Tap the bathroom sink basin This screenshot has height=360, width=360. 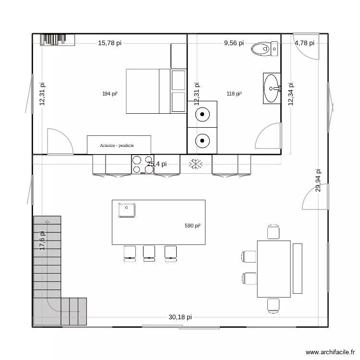pyautogui.click(x=272, y=88)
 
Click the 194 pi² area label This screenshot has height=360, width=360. pyautogui.click(x=110, y=94)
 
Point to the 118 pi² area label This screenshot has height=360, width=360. pyautogui.click(x=234, y=94)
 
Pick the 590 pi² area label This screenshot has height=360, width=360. pyautogui.click(x=192, y=226)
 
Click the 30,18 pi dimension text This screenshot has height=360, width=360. pyautogui.click(x=180, y=317)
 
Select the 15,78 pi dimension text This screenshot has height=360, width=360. pyautogui.click(x=109, y=43)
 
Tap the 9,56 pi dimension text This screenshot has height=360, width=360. pyautogui.click(x=234, y=43)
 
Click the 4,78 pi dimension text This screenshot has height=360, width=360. pyautogui.click(x=304, y=43)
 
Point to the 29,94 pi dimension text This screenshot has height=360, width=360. pyautogui.click(x=318, y=180)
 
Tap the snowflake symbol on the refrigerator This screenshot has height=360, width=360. pyautogui.click(x=196, y=164)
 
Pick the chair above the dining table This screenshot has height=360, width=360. pyautogui.click(x=273, y=232)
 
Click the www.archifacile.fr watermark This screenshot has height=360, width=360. pyautogui.click(x=329, y=352)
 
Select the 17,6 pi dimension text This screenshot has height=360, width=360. pyautogui.click(x=42, y=240)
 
